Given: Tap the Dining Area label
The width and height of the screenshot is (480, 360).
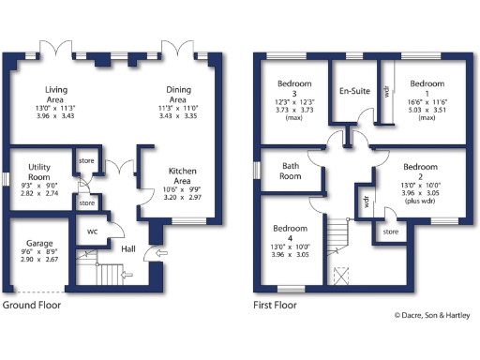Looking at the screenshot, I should pyautogui.click(x=177, y=94).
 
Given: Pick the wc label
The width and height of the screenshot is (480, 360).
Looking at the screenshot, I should pyautogui.click(x=93, y=231).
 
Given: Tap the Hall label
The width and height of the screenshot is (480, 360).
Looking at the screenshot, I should pyautogui.click(x=129, y=248).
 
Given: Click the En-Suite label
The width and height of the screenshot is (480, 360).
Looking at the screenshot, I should pyautogui.click(x=353, y=92).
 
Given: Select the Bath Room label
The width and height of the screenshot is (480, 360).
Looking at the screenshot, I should pyautogui.click(x=291, y=172).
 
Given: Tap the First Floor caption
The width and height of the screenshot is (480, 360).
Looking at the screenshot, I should pyautogui.click(x=276, y=306).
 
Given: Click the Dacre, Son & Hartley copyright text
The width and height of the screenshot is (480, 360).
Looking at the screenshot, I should pyautogui.click(x=434, y=316).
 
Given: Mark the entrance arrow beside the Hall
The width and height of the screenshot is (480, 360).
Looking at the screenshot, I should pyautogui.click(x=159, y=253).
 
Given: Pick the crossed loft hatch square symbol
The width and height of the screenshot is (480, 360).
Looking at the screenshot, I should pyautogui.click(x=340, y=276).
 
